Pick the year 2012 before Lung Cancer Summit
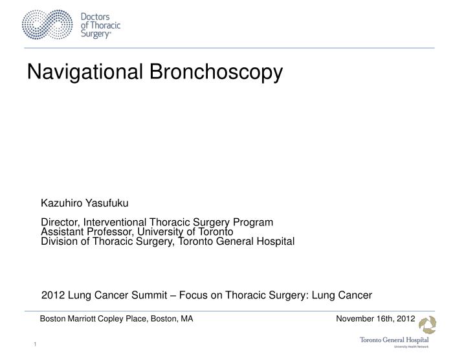coord(52,295)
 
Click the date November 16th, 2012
coord(375,319)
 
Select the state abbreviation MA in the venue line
coord(186,319)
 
